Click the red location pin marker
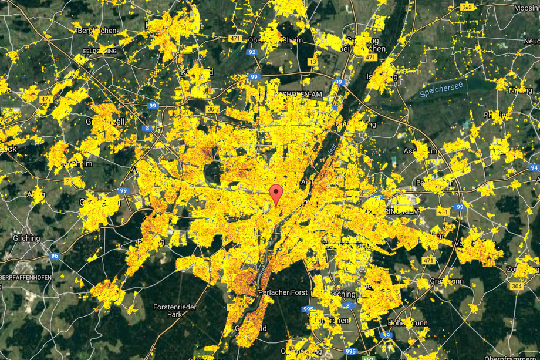[x=276, y=194]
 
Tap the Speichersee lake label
[x=441, y=89]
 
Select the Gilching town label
[x=26, y=238]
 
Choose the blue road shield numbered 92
[x=252, y=52]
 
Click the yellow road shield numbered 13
[x=313, y=62]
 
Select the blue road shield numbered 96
[x=55, y=255]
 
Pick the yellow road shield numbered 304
[x=517, y=286]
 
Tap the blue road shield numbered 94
[x=533, y=168]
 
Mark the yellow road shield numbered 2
[x=67, y=181]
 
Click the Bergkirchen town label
[x=99, y=30]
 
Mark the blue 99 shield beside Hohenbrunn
[x=386, y=335]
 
